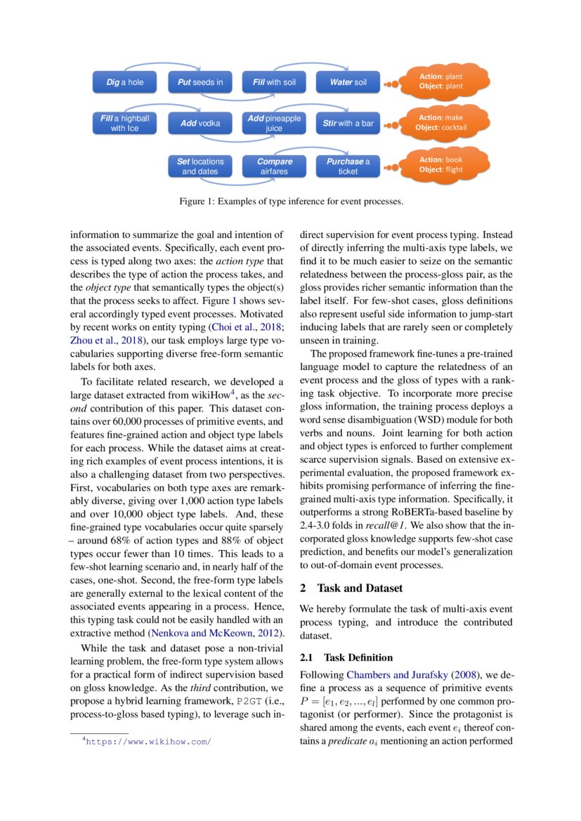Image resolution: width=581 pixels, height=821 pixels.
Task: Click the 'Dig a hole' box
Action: coord(125,82)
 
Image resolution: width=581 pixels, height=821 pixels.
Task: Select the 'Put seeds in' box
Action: coord(200,82)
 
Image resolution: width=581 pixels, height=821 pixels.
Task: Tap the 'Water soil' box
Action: coord(348,82)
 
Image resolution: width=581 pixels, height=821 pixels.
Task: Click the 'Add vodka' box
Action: coord(200,124)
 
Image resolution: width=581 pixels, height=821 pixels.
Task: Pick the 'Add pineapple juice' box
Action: coord(273,124)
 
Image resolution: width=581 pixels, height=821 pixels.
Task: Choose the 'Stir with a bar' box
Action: coord(348,124)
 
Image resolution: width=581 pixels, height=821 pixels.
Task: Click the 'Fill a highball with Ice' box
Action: coord(125,124)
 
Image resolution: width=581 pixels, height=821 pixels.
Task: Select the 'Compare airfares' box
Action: coord(273,166)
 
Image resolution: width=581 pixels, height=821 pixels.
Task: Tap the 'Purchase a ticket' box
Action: coord(348,166)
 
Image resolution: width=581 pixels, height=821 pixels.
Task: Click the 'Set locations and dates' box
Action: coord(200,166)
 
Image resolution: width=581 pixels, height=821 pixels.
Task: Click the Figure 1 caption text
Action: coord(290,202)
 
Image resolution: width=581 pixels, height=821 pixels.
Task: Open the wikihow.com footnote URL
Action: coord(148,741)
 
